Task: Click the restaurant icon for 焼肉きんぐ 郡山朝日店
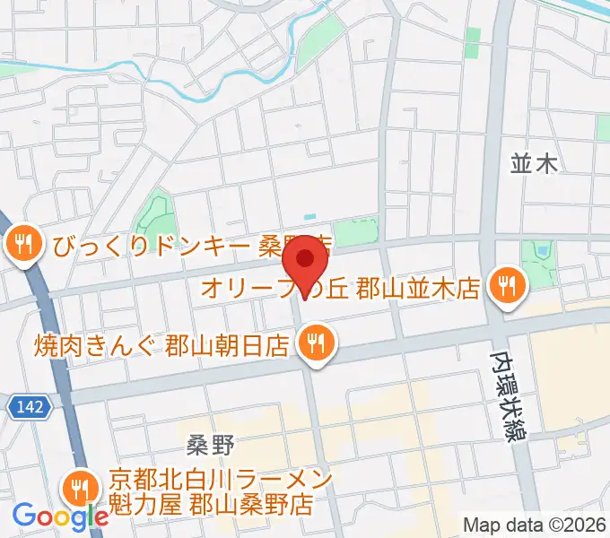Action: tap(316, 342)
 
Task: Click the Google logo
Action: tap(61, 516)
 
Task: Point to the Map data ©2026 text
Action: tap(534, 525)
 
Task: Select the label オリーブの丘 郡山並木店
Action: tap(342, 289)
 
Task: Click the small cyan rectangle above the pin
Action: tap(310, 217)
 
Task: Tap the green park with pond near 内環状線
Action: tap(542, 255)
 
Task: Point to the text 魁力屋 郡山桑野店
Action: tap(211, 503)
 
